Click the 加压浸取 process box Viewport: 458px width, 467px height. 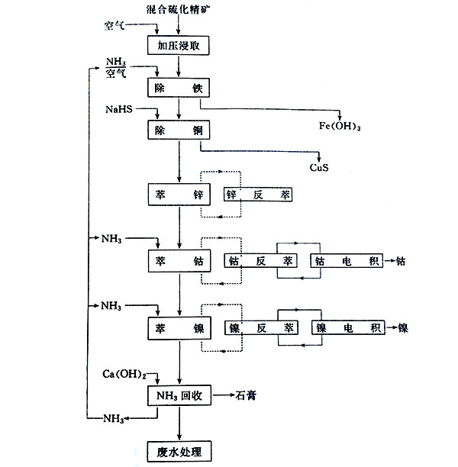pyautogui.click(x=178, y=45)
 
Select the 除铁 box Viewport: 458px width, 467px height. pyautogui.click(x=178, y=89)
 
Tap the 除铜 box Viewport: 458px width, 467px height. pyautogui.click(x=178, y=130)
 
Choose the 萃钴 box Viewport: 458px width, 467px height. pyautogui.click(x=178, y=261)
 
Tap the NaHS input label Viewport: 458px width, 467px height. pyautogui.click(x=119, y=111)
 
